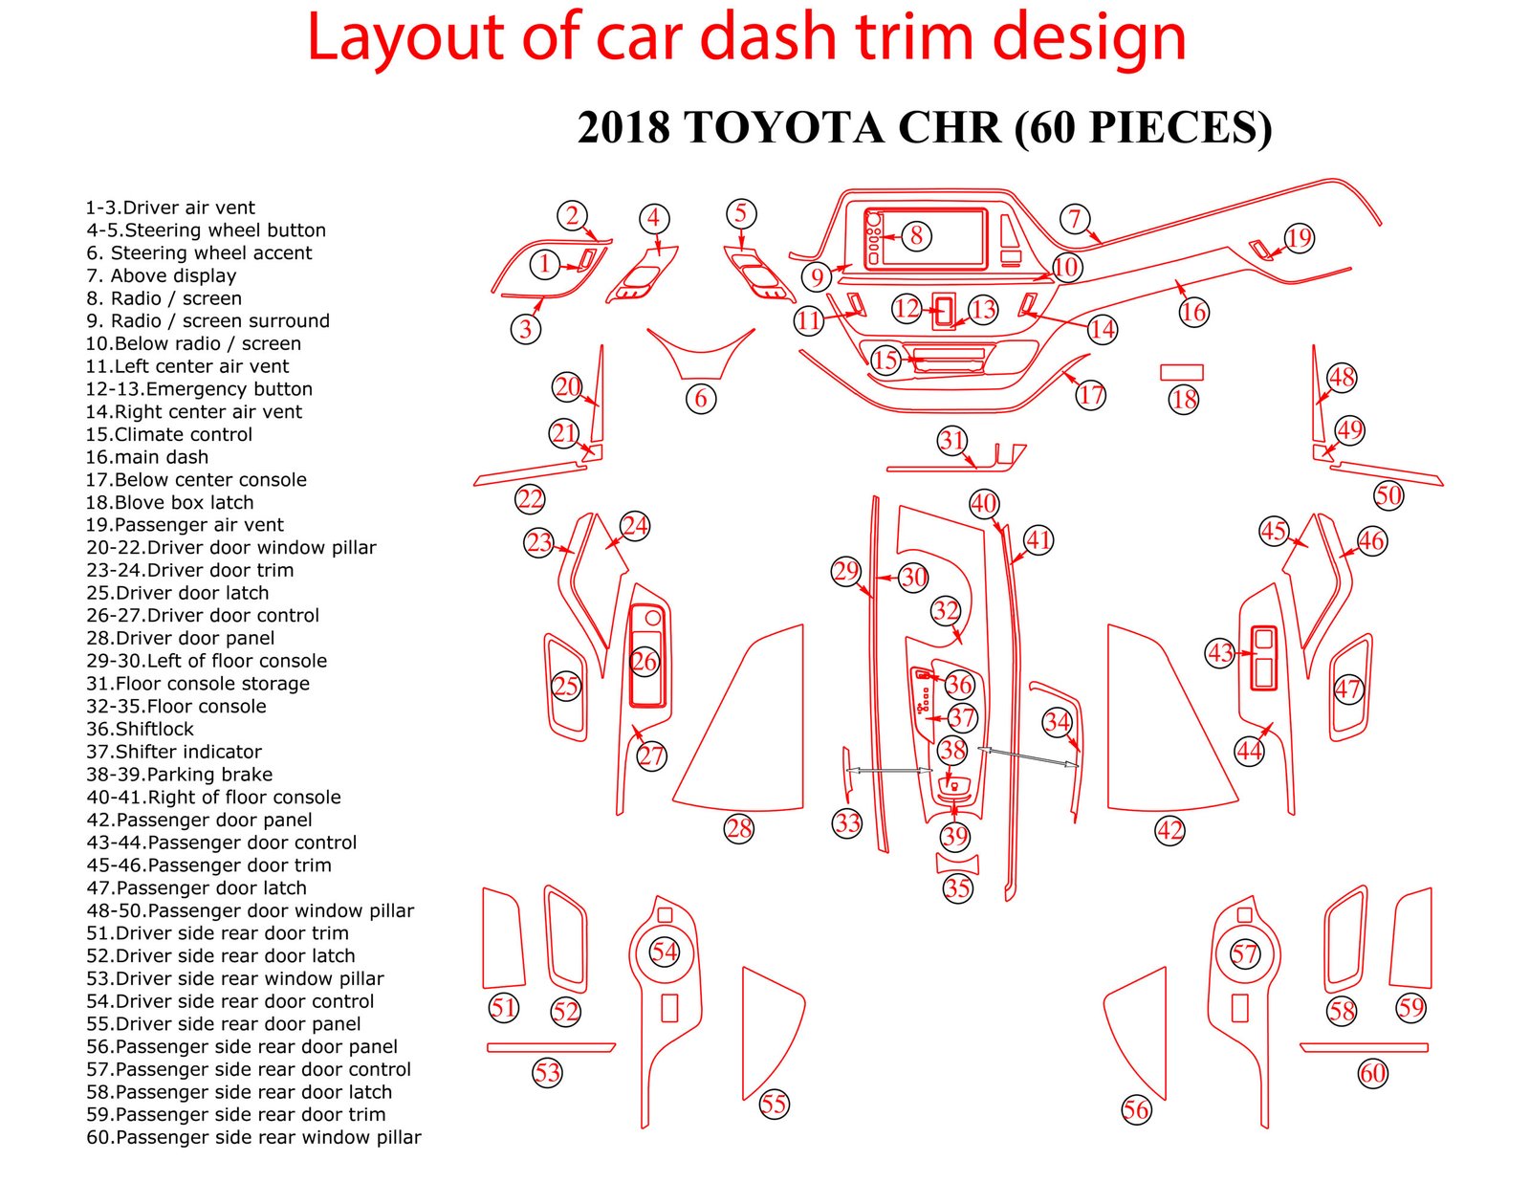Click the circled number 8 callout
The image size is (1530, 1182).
pyautogui.click(x=916, y=235)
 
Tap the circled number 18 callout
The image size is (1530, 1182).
pyautogui.click(x=1184, y=400)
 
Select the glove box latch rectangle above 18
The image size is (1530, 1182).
pyautogui.click(x=1182, y=372)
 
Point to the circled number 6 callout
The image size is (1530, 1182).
pyautogui.click(x=701, y=399)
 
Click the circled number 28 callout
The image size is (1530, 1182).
pyautogui.click(x=738, y=828)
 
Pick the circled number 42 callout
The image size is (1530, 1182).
pyautogui.click(x=1170, y=831)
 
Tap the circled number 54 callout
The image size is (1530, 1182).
pyautogui.click(x=664, y=952)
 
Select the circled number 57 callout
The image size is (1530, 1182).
pyautogui.click(x=1244, y=953)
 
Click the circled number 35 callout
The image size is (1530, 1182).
pyautogui.click(x=957, y=887)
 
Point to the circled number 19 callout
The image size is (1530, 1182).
pyautogui.click(x=1299, y=238)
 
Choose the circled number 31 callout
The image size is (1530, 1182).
pyautogui.click(x=951, y=441)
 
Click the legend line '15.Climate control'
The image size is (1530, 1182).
pyautogui.click(x=169, y=434)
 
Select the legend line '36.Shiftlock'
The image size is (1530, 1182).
pyautogui.click(x=140, y=729)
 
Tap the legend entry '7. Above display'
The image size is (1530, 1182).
pyautogui.click(x=162, y=275)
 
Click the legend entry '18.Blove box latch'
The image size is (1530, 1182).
pyautogui.click(x=169, y=502)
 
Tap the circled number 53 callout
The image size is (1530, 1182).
pyautogui.click(x=547, y=1073)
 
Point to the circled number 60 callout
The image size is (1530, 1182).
pyautogui.click(x=1372, y=1074)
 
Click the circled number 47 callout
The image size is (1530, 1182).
pyautogui.click(x=1347, y=689)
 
